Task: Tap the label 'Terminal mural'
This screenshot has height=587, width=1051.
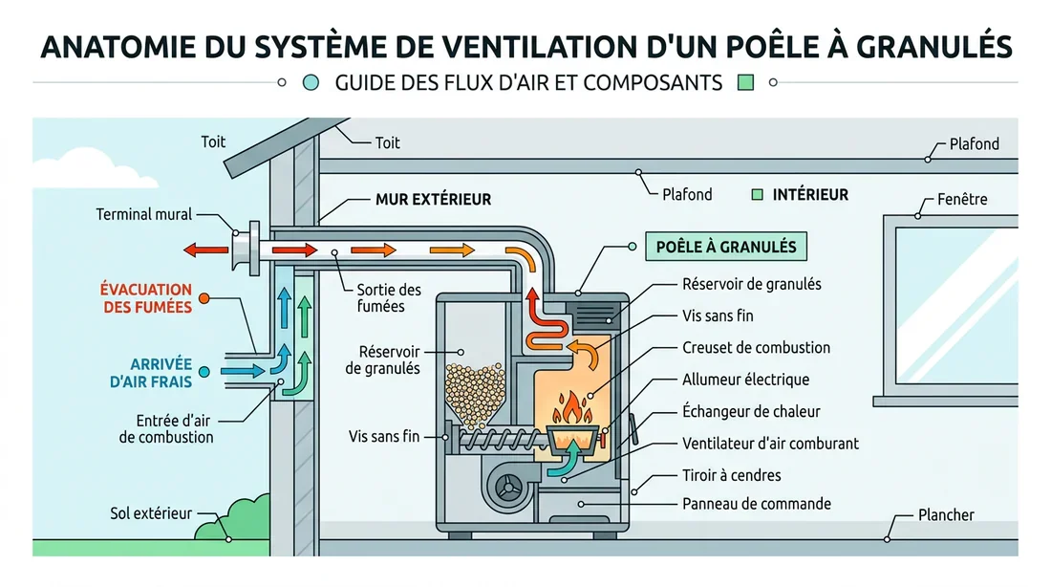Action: (144, 214)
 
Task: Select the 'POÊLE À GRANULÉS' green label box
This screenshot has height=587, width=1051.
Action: (726, 247)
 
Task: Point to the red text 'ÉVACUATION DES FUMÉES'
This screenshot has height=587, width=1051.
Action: (146, 297)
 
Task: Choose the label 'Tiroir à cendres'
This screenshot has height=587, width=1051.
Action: (731, 475)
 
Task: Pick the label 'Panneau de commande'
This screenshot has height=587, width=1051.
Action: (756, 504)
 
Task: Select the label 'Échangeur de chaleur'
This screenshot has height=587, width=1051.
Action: (751, 411)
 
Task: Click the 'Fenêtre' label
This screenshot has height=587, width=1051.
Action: (962, 200)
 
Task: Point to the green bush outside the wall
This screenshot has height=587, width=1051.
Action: (234, 521)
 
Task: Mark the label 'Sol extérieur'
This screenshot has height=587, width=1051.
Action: (151, 514)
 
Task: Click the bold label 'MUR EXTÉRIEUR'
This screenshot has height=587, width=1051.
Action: (433, 200)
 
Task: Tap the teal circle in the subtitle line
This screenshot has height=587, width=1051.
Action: (310, 83)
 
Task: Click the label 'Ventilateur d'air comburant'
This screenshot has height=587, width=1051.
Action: (770, 443)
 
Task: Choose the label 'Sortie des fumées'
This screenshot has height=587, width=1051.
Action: (388, 297)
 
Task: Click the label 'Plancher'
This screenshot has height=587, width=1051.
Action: (945, 514)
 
